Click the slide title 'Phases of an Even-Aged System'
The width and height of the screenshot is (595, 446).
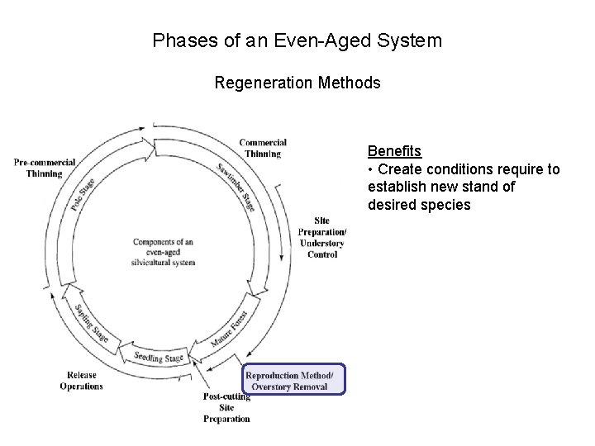(297, 40)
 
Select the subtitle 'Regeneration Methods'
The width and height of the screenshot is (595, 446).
(297, 83)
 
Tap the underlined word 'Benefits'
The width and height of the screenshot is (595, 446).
(394, 151)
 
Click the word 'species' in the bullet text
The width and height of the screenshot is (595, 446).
(445, 204)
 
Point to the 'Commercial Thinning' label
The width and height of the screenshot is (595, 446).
(263, 148)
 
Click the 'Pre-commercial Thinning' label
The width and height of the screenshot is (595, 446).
(45, 168)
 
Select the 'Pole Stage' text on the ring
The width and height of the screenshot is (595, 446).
(83, 194)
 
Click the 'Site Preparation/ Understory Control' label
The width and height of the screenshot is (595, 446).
(321, 237)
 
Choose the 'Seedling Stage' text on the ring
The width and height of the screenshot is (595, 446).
(159, 358)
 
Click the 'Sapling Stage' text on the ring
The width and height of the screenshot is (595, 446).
(91, 323)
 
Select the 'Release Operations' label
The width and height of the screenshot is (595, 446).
(81, 381)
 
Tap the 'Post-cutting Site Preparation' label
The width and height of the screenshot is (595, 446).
(226, 407)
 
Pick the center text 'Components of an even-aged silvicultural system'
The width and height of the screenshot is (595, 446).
(164, 252)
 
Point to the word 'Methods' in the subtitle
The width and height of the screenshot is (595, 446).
(353, 83)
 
